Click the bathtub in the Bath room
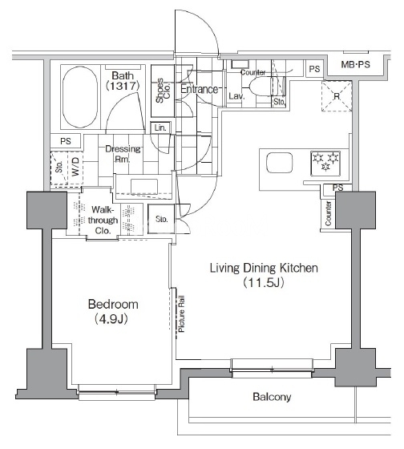[80, 97]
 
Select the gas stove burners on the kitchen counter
[325, 163]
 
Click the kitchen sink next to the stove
[280, 163]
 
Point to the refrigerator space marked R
[337, 96]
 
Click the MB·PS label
[355, 64]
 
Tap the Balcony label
[272, 397]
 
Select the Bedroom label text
[113, 304]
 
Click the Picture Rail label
[181, 313]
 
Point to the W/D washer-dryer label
[75, 168]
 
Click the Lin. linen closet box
[160, 128]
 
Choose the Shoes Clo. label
[163, 91]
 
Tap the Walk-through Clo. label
[103, 220]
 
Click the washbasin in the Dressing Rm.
[144, 186]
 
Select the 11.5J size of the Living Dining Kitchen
[264, 283]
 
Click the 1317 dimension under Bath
[123, 86]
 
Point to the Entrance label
[200, 89]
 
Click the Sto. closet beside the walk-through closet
[161, 219]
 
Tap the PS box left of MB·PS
[314, 69]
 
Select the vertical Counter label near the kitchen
[328, 213]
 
